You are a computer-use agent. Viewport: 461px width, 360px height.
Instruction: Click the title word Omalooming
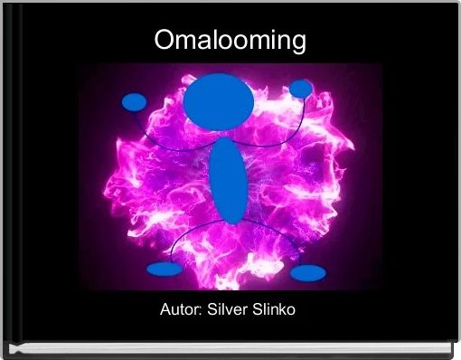[230, 41]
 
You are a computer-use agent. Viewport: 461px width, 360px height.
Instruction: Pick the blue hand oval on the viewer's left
[135, 101]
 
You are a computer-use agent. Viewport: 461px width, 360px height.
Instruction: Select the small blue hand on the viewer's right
[301, 88]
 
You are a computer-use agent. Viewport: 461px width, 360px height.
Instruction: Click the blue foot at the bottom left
[162, 269]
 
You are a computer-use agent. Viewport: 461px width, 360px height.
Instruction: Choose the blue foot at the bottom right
[308, 273]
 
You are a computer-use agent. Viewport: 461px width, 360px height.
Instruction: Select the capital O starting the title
[164, 41]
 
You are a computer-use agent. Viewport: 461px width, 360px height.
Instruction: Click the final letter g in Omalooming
[296, 43]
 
